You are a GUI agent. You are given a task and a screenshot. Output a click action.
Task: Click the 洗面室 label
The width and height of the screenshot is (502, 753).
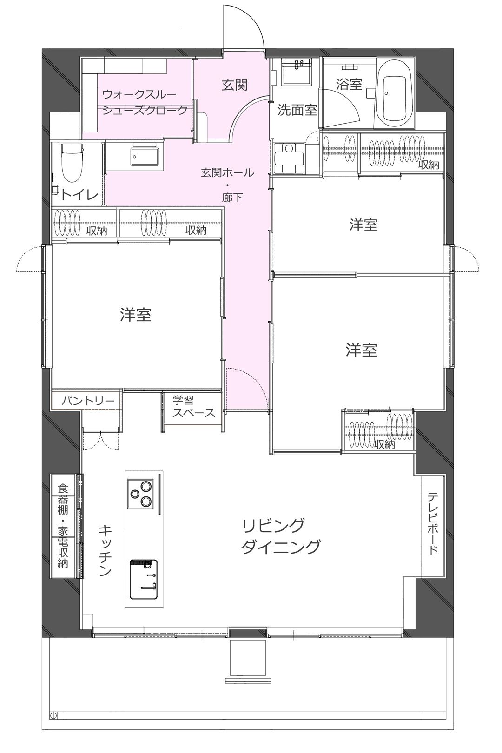(297, 110)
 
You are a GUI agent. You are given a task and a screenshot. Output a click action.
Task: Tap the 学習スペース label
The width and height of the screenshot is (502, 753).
(193, 406)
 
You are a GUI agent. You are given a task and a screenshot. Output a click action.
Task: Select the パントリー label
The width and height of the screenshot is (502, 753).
(88, 401)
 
